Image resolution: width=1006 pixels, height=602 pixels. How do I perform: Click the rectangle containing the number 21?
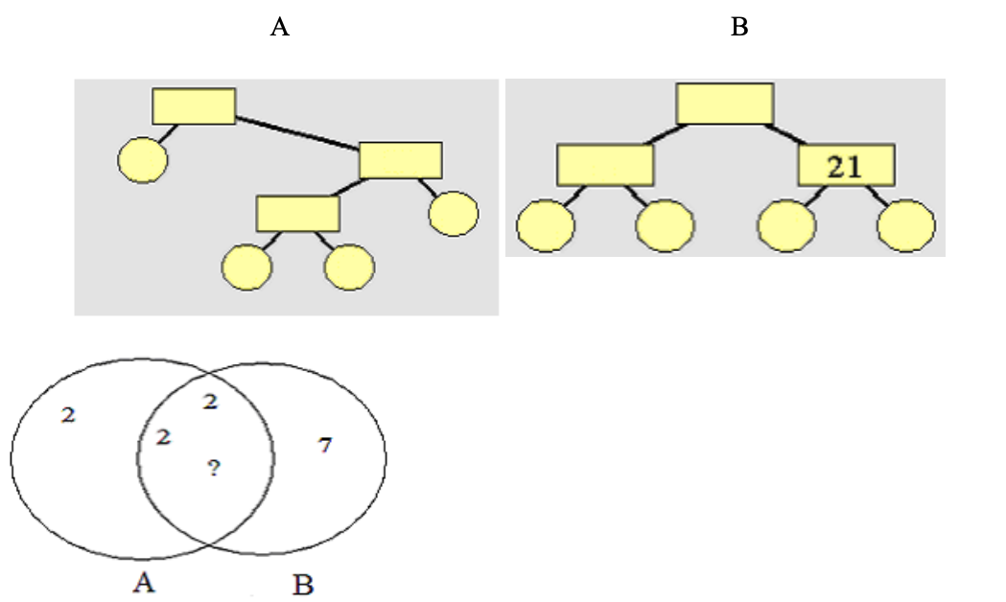tap(846, 166)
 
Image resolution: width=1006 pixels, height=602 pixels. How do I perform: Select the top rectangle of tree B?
tap(724, 104)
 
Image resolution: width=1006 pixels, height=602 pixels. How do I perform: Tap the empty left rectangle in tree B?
tap(605, 166)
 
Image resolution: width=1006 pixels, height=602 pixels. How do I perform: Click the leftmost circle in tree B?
tap(546, 227)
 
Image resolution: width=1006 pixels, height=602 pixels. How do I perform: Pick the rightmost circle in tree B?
tap(905, 227)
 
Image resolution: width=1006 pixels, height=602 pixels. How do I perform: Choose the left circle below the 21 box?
tap(786, 227)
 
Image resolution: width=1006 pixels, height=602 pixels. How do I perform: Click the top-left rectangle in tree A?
tap(194, 105)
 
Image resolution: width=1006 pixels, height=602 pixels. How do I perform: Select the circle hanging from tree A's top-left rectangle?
tap(143, 159)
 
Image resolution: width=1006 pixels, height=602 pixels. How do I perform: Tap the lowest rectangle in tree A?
tap(297, 213)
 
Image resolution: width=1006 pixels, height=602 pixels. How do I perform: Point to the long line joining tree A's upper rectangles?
tap(297, 133)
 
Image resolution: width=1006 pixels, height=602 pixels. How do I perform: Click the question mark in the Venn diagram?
tap(214, 468)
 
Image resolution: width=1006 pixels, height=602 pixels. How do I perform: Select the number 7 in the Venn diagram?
tap(325, 445)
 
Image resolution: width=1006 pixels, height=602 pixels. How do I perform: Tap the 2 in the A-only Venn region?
tap(67, 415)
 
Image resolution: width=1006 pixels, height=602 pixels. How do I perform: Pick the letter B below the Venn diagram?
tap(303, 583)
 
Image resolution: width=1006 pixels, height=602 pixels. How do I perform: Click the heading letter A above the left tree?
tap(279, 27)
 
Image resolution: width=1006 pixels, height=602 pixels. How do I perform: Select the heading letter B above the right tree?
tap(739, 27)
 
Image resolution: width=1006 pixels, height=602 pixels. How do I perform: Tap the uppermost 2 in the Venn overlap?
tap(210, 402)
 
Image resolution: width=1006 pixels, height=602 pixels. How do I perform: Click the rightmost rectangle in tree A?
tap(400, 160)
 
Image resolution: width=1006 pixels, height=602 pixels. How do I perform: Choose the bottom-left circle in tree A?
tap(246, 267)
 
